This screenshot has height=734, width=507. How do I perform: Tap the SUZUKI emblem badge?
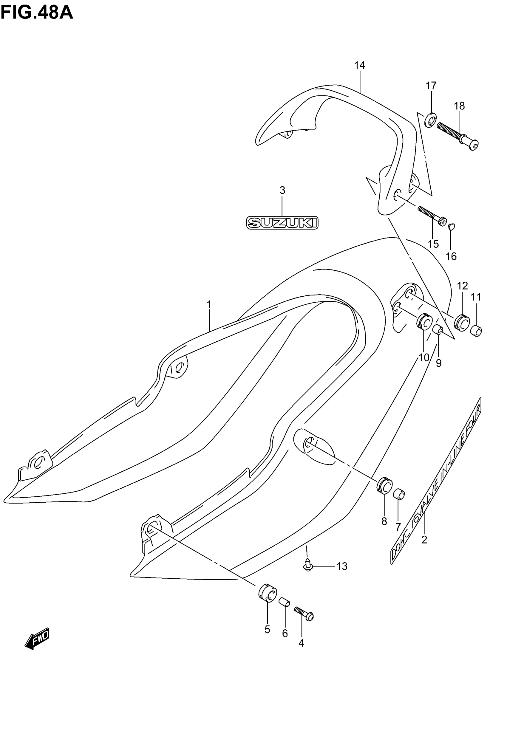point(282,223)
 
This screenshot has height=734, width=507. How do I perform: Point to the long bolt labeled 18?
point(457,136)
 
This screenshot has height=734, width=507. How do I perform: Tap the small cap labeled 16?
point(452,226)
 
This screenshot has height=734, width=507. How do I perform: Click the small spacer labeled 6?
point(284,602)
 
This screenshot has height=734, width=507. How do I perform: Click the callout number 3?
point(282,190)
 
